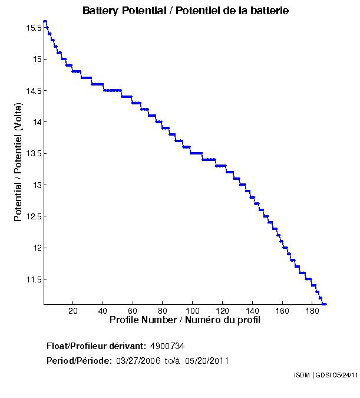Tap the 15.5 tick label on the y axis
coord(33,28)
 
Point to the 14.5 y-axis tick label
coord(33,91)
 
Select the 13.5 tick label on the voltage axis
coord(33,154)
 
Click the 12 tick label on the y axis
coord(37,248)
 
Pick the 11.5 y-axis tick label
coord(33,279)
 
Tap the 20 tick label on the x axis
coord(73,311)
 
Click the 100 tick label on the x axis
coord(193,311)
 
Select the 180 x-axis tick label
coord(312,311)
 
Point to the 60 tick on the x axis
coord(133,311)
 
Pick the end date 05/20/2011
coord(207,361)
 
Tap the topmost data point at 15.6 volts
coord(45,21)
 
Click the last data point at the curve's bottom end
coord(325,304)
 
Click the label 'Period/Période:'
coord(79,361)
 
